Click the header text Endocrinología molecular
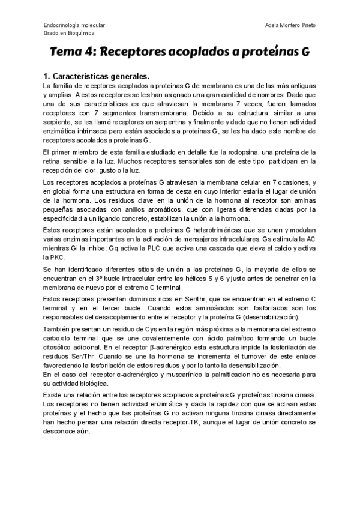(x=74, y=25)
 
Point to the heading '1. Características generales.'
(x=96, y=77)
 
